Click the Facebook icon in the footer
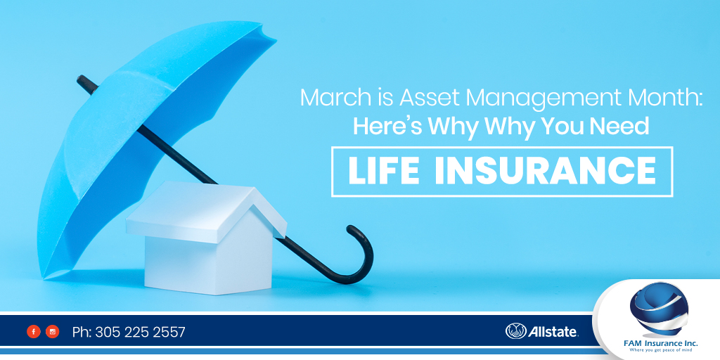pos(34,332)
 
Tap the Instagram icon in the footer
pos(52,332)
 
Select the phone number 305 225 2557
pos(140,332)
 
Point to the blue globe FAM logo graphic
pos(659,309)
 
